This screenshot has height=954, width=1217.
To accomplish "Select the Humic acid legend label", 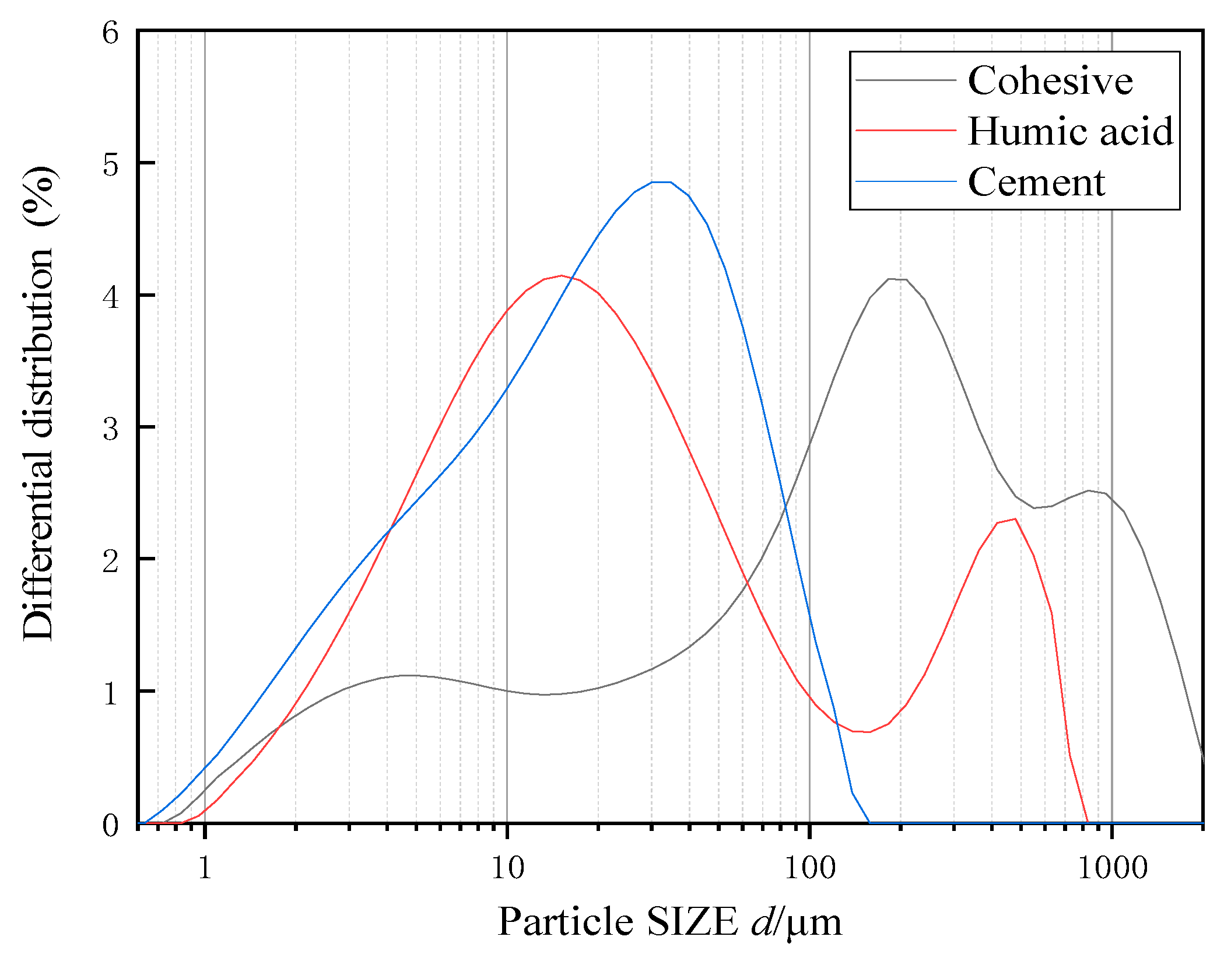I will pyautogui.click(x=1071, y=131).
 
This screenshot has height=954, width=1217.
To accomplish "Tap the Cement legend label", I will pyautogui.click(x=1036, y=182).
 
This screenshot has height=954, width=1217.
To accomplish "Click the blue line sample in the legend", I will pyautogui.click(x=906, y=182).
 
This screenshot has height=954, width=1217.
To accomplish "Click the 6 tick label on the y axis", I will pyautogui.click(x=111, y=33).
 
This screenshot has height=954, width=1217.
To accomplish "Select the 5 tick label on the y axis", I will pyautogui.click(x=111, y=165).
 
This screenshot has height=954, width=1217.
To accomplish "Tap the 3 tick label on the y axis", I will pyautogui.click(x=111, y=429).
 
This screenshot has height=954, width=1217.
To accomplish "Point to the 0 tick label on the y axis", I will pyautogui.click(x=111, y=825).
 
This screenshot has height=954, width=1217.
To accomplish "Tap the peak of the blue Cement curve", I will pyautogui.click(x=661, y=182).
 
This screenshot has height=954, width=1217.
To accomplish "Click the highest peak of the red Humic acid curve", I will pyautogui.click(x=561, y=275).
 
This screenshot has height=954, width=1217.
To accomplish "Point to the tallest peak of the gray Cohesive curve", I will pyautogui.click(x=896, y=279).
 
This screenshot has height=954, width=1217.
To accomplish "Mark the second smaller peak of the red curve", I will pyautogui.click(x=1015, y=519).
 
